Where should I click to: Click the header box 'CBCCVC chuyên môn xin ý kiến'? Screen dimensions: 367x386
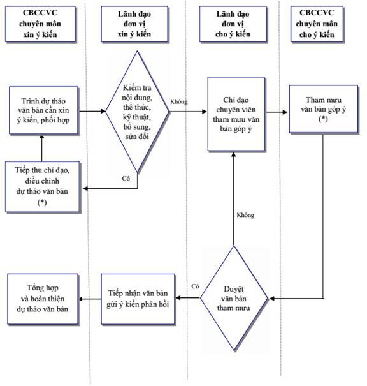point(40,24)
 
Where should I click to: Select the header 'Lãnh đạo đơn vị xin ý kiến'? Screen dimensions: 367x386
point(134,24)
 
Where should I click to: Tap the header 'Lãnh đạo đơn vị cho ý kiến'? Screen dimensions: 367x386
point(233,24)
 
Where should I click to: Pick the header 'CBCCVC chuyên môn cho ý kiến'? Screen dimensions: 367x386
point(317,24)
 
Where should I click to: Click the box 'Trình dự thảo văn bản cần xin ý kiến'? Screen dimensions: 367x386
point(43,110)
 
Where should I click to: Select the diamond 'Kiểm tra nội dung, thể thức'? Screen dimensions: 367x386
point(137,112)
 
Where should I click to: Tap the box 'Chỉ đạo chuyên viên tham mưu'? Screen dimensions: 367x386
point(236,114)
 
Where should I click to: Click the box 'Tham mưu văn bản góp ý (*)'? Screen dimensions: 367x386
point(323,109)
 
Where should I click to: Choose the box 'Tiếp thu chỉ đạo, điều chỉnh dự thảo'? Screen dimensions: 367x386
point(42,186)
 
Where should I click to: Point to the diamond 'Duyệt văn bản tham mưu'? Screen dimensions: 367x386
point(234,298)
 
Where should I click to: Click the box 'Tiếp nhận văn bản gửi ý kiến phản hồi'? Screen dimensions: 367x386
point(138,299)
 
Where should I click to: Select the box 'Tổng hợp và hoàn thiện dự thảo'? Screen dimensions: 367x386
point(43,299)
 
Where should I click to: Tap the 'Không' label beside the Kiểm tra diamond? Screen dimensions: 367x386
point(179,101)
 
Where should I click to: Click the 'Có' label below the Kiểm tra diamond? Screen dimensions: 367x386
point(126,178)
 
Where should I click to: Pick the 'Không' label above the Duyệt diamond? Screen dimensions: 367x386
point(245,215)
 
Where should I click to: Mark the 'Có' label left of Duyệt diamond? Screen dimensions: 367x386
point(195,286)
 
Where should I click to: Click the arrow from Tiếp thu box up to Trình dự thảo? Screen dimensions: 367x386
point(42,148)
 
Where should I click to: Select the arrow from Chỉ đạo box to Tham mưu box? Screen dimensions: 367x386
point(277,112)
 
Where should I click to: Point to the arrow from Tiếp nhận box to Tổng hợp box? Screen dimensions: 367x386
point(90,299)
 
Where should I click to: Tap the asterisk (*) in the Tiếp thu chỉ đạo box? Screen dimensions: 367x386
point(42,202)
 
